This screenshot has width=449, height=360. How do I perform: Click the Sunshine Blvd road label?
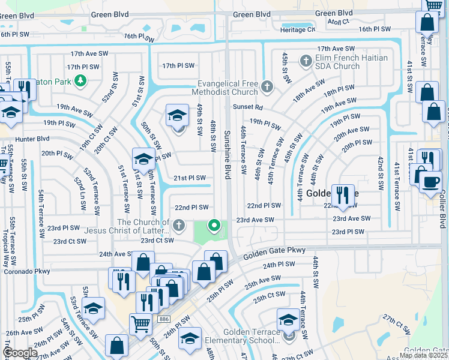point(228,154)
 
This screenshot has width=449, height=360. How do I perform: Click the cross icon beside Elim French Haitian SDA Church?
point(306,61)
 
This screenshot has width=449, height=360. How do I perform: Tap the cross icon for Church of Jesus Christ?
point(178,226)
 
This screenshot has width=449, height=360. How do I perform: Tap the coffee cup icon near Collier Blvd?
point(430,181)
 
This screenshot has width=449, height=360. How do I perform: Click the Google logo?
point(20,353)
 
